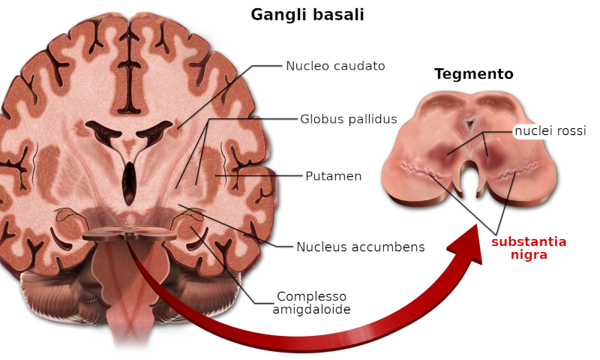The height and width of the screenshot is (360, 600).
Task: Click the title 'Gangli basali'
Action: [x=307, y=15]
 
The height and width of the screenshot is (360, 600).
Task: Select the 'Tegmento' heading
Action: [x=474, y=73]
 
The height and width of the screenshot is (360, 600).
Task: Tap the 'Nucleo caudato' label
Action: [x=335, y=66]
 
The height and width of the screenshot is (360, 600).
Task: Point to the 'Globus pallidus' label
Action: [x=349, y=119]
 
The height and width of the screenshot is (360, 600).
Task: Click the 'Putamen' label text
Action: [x=333, y=176]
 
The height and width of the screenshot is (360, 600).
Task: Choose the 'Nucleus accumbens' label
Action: [x=361, y=247]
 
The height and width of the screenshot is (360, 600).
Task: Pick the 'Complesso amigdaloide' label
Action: [x=311, y=302]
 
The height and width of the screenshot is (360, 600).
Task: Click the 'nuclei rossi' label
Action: [x=550, y=130]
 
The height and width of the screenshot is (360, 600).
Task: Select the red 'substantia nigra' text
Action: [x=529, y=248]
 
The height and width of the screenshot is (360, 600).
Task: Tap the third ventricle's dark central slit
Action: [x=130, y=183]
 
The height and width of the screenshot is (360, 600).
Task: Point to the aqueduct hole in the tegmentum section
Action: [x=469, y=123]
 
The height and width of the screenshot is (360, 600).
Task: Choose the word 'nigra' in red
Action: [x=529, y=255]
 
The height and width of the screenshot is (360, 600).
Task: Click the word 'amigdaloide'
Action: [x=311, y=309]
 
